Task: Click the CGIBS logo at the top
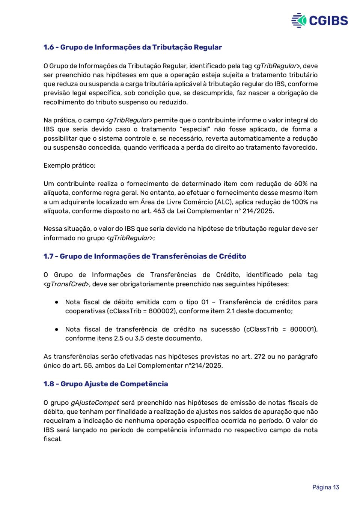point(319,20)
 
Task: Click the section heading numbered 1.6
point(133,47)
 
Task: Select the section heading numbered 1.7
point(145,256)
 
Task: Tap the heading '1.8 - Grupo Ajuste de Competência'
point(105,384)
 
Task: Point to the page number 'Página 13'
point(325,487)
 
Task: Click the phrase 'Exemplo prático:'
point(69,165)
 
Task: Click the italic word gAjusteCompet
point(95,402)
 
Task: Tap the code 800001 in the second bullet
point(303,329)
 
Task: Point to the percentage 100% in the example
point(299,202)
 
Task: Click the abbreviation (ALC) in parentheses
point(223,202)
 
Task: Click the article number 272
point(259,356)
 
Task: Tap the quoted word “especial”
point(193,129)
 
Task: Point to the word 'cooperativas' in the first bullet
point(85,311)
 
